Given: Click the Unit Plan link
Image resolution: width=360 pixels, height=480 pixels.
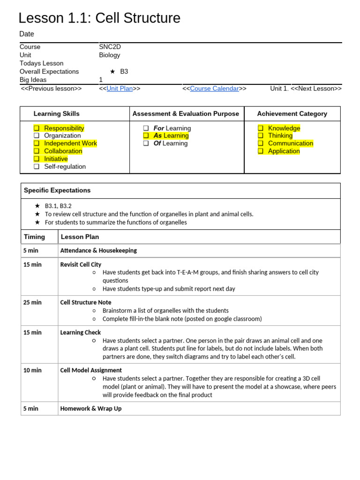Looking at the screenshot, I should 120,89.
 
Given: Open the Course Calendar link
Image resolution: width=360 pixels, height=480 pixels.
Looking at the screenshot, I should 214,89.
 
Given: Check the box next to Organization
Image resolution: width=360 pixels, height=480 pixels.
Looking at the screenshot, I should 37,136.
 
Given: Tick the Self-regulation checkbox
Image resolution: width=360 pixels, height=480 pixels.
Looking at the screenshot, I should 37,166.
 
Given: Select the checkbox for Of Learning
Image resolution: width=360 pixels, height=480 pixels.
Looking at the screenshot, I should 146,143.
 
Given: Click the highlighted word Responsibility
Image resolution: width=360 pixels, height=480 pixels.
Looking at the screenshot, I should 64,128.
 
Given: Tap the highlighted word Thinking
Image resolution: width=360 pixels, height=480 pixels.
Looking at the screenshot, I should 280,135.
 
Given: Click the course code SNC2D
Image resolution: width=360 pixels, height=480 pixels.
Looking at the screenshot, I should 110,47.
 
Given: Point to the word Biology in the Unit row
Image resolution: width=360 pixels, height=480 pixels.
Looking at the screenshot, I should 109,55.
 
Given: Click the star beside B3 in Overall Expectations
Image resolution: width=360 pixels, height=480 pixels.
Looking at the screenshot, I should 112,72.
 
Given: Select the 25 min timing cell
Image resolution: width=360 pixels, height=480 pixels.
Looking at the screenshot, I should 32,302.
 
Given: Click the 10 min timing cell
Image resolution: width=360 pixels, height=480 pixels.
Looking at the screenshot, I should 32,370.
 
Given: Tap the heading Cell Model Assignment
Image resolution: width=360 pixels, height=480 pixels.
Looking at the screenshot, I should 91,370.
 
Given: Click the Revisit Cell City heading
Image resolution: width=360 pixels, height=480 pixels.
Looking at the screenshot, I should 81,264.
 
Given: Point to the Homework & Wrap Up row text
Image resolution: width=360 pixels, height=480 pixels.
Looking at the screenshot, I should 91,408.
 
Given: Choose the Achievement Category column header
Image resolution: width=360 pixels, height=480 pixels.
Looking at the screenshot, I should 292,113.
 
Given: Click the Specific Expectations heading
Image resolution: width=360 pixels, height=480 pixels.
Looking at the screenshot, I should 57,190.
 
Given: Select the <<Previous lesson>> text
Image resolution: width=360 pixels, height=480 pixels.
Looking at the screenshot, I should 51,89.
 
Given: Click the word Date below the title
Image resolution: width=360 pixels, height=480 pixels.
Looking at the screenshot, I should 27,34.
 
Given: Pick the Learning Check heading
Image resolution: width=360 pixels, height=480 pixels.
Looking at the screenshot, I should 80,332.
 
